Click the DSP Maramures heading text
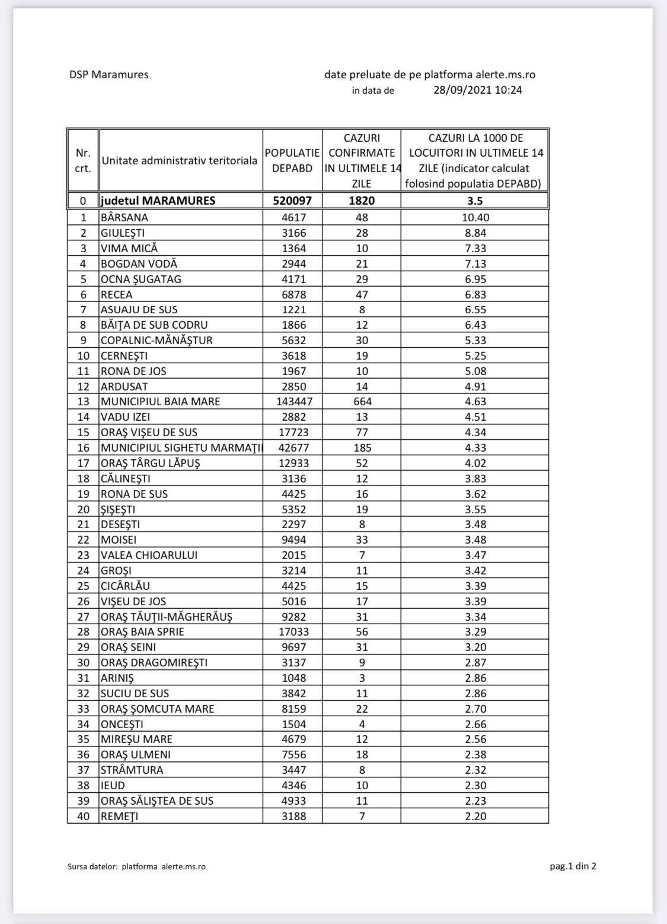tap(108, 75)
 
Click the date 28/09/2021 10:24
tap(477, 90)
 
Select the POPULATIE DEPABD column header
tap(292, 161)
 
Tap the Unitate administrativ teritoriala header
tap(180, 161)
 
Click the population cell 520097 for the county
tap(292, 201)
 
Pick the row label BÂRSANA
tap(125, 217)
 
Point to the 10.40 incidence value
tap(475, 217)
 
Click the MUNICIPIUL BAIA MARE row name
tap(160, 402)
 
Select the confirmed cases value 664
tap(362, 402)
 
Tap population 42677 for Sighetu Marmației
tap(292, 447)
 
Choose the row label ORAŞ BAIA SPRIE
tap(142, 632)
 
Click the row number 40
tap(83, 816)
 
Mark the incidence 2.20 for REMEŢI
tap(475, 816)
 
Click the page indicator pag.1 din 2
tap(573, 866)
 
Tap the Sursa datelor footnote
tap(136, 866)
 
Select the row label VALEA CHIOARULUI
tap(149, 555)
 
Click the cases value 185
tap(362, 447)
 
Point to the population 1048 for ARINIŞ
tap(292, 678)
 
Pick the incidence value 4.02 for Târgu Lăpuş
tap(475, 463)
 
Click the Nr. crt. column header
tap(83, 161)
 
